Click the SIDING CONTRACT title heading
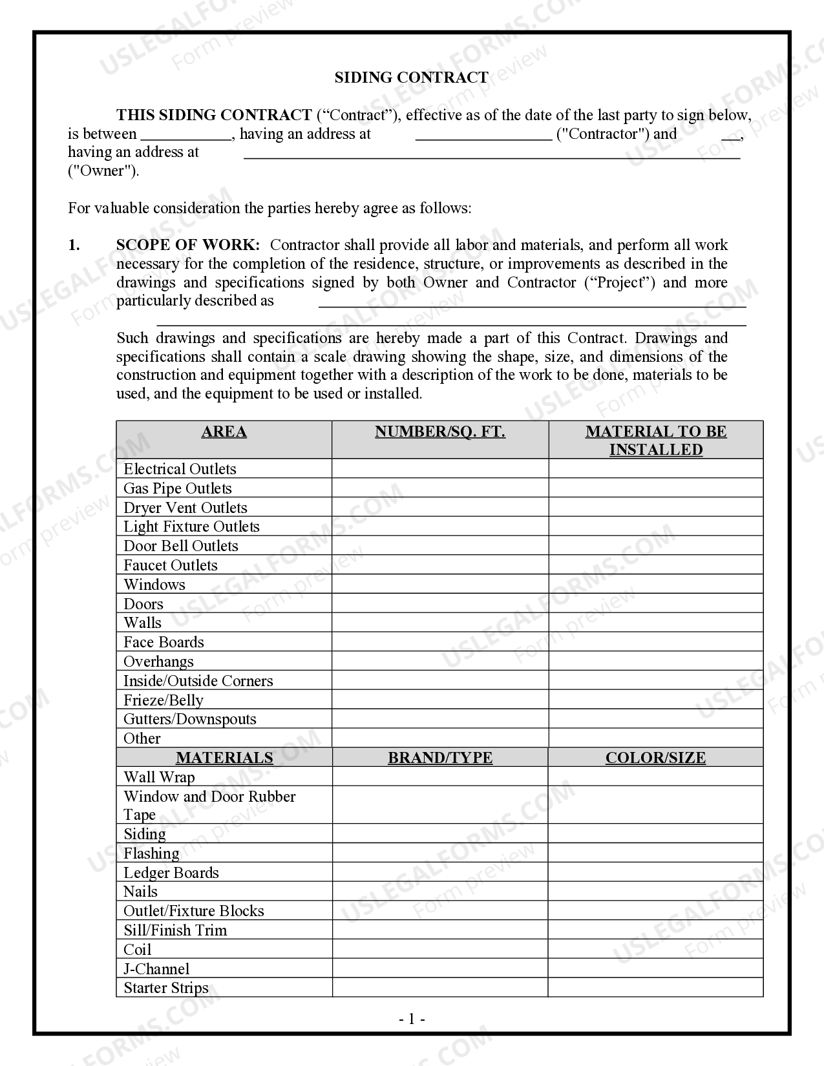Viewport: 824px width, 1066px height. point(411,78)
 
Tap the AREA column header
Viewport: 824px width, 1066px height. point(224,432)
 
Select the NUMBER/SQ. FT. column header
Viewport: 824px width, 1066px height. point(440,432)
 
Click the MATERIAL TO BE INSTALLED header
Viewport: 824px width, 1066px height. point(656,441)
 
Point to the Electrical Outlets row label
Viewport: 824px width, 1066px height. point(180,469)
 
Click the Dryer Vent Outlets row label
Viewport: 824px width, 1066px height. point(185,508)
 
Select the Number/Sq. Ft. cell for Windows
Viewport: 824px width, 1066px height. point(440,585)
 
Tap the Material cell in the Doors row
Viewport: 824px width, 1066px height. point(656,604)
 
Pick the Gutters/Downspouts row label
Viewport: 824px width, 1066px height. point(190,719)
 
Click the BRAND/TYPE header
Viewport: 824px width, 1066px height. point(440,758)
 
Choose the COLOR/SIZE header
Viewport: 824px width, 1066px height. point(655,758)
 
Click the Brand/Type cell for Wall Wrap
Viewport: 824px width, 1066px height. point(440,777)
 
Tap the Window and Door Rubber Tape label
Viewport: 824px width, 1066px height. point(209,806)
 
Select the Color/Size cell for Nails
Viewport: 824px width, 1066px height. point(655,892)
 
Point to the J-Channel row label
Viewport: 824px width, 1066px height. point(156,969)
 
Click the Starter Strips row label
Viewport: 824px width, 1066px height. point(166,988)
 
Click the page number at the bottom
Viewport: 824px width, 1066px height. point(412,1019)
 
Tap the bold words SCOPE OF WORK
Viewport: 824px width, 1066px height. point(188,246)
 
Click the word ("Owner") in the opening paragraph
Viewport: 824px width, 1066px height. point(103,171)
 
